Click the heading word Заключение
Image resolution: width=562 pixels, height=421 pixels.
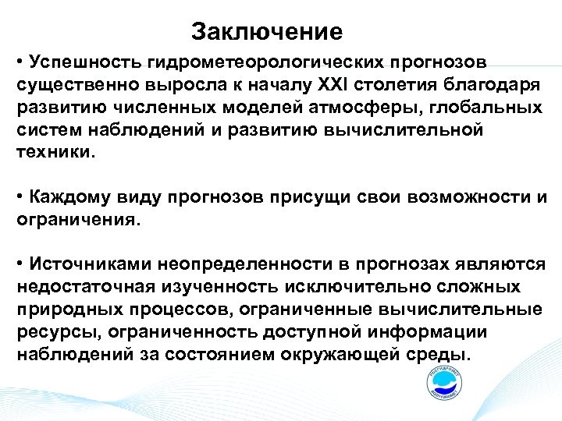pos(267,32)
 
